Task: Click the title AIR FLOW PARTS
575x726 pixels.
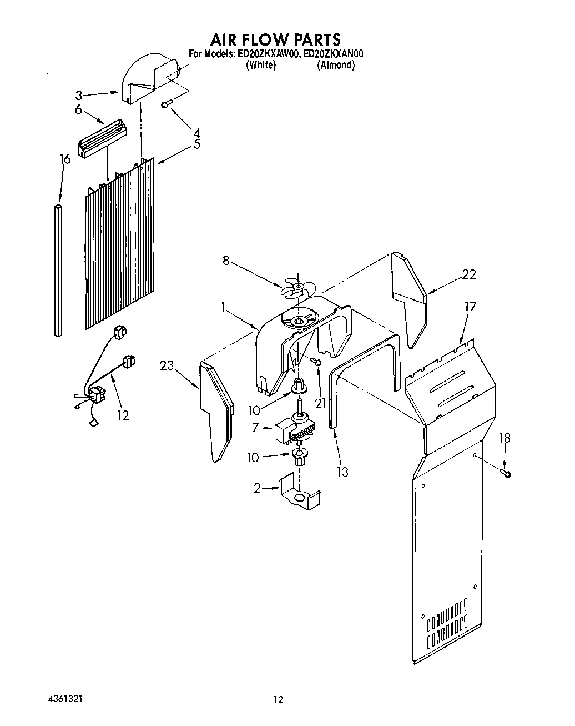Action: point(275,39)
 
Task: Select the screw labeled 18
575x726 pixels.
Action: point(506,473)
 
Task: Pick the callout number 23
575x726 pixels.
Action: point(167,365)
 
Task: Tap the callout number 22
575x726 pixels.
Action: point(469,274)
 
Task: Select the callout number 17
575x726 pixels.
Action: point(470,306)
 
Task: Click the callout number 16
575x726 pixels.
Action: point(65,160)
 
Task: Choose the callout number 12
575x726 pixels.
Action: point(123,415)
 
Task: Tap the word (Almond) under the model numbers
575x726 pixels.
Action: point(336,66)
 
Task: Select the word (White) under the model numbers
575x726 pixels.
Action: point(260,66)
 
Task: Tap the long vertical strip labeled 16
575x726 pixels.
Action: point(58,271)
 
